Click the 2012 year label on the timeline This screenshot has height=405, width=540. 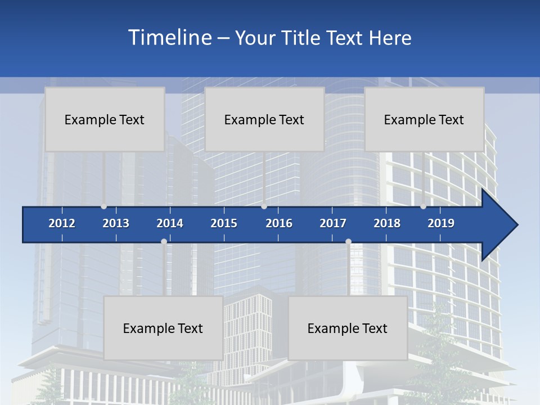(x=62, y=223)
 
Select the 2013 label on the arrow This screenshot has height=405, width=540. (x=116, y=223)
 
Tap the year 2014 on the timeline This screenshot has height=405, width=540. (x=170, y=223)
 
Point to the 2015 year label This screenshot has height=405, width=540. (x=224, y=223)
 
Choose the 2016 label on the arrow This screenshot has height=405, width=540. (x=279, y=223)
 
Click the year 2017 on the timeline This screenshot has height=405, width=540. (x=333, y=223)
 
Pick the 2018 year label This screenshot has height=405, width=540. (x=387, y=223)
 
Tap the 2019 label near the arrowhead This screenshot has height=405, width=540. (x=441, y=223)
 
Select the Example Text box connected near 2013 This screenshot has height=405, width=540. (x=105, y=119)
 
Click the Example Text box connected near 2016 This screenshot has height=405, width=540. (x=264, y=119)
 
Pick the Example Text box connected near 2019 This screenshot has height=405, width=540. (x=424, y=119)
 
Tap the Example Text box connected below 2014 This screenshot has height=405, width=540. (x=163, y=328)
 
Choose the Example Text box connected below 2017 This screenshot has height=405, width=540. (x=348, y=328)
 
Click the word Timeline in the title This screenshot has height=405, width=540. (x=169, y=37)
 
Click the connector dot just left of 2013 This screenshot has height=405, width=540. (x=103, y=206)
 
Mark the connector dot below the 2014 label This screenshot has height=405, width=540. (x=164, y=242)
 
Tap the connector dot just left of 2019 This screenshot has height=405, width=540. (x=423, y=206)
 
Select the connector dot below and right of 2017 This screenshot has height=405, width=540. (x=348, y=242)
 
